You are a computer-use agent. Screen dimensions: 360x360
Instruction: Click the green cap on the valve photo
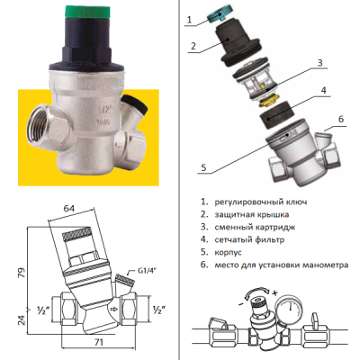tap(88, 12)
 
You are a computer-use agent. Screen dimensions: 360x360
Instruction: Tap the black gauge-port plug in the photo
tap(136, 103)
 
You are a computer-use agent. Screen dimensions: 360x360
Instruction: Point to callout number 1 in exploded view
tap(189, 20)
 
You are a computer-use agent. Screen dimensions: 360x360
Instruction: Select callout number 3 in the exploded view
tap(319, 63)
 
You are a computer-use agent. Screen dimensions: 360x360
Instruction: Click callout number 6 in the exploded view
tap(341, 119)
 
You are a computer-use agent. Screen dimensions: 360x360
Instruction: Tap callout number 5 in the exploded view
tap(203, 167)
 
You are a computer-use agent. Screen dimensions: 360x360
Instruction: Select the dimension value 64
tap(68, 208)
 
